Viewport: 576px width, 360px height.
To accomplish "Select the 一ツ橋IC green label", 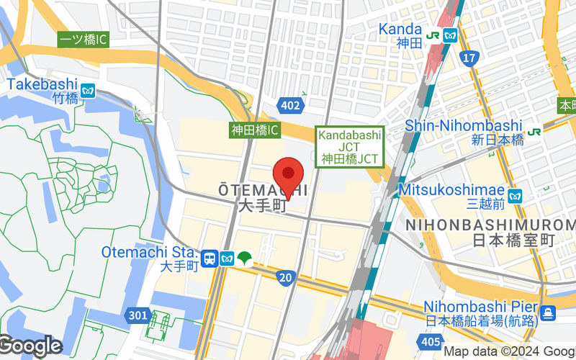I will [83, 40].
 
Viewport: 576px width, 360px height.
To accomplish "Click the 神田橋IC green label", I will [254, 130].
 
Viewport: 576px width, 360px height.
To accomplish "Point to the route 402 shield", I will [290, 106].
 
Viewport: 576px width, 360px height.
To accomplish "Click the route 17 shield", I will [470, 57].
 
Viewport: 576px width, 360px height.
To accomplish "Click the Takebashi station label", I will [42, 84].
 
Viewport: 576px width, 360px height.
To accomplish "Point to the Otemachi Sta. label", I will [149, 252].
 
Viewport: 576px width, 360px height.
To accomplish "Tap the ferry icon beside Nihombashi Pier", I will [548, 312].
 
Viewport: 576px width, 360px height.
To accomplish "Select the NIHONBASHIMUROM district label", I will [490, 225].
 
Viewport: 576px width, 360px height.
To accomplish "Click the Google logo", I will [31, 346].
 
